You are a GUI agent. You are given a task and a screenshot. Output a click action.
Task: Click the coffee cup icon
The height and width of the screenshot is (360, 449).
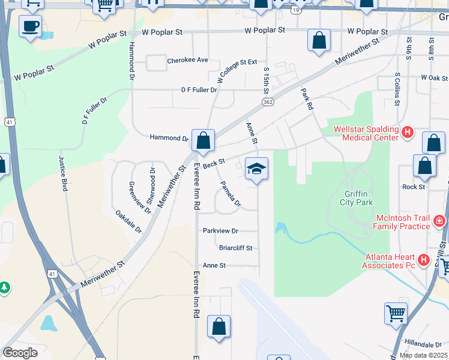point(30,26)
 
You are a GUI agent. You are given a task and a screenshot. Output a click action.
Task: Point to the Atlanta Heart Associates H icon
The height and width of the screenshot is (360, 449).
point(424,260)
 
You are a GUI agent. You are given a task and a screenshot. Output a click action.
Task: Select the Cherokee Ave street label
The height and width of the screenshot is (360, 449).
point(187,61)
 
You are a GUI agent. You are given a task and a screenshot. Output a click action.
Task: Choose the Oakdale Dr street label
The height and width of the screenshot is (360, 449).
point(128,221)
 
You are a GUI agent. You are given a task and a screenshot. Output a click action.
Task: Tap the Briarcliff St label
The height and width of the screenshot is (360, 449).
point(235,248)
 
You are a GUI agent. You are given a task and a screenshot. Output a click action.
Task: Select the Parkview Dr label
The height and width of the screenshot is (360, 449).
point(220,230)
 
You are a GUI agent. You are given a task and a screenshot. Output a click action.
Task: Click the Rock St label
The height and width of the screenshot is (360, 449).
point(414,187)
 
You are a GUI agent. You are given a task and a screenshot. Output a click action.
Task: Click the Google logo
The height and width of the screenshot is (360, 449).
point(20,352)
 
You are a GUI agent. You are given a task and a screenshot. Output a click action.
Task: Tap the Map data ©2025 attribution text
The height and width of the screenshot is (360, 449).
point(423,355)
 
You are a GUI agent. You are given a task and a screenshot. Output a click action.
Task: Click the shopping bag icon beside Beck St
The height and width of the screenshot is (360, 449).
point(203,141)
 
